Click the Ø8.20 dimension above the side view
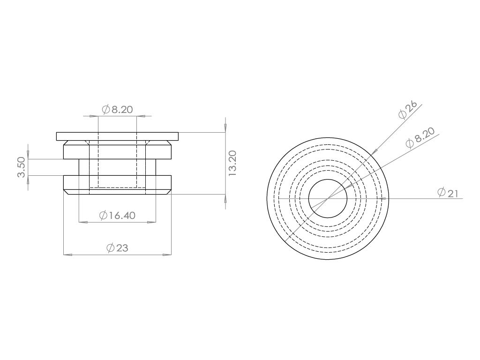coord(117,109)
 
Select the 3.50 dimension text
coord(22,167)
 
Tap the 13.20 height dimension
coord(232,163)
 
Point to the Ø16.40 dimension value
coord(117,216)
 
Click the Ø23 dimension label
coord(117,247)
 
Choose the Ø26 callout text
coord(407,110)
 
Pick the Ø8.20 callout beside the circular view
coord(420,138)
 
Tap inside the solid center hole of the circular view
coord(328,198)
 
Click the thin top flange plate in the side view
coord(117,136)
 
